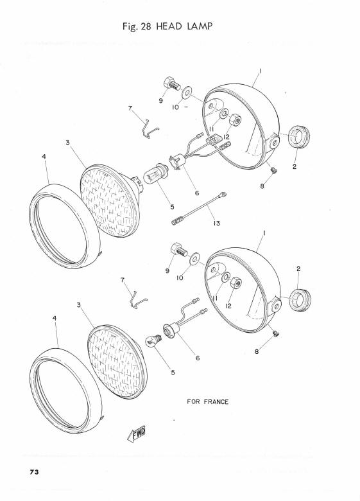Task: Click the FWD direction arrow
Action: point(136,434)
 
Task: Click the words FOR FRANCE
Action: point(208,401)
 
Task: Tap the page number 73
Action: point(34,472)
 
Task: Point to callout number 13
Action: point(217,223)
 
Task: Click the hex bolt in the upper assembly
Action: point(172,83)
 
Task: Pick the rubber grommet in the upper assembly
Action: point(299,137)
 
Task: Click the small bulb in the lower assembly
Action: point(153,341)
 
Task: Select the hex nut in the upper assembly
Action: point(236,121)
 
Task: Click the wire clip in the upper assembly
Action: point(149,128)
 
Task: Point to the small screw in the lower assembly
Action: point(276,333)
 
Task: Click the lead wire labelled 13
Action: point(199,208)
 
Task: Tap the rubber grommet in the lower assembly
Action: point(300,300)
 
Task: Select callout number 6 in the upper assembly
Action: point(197,193)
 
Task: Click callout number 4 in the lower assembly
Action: point(55,318)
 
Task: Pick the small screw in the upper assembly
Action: point(273,170)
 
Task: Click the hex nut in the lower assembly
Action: point(236,283)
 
